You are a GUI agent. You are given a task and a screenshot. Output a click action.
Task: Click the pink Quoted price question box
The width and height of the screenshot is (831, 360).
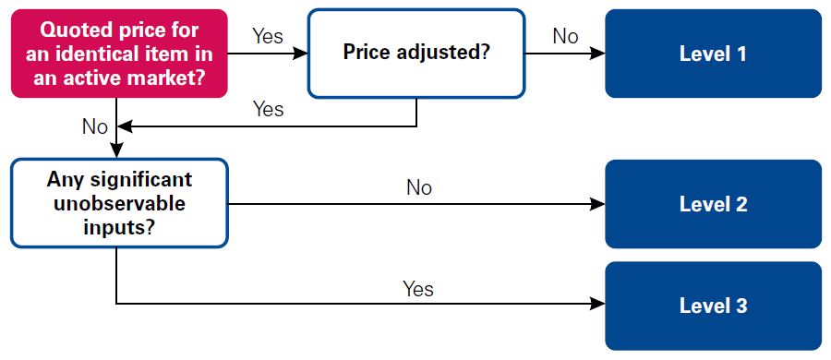[119, 54]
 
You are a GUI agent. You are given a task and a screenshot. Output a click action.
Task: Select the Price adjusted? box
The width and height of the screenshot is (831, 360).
[415, 54]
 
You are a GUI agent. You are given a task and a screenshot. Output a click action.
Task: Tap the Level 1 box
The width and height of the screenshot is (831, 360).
[713, 54]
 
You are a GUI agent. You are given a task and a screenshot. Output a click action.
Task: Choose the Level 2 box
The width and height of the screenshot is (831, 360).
[713, 204]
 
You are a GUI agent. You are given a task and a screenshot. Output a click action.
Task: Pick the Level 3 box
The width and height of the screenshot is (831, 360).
[713, 306]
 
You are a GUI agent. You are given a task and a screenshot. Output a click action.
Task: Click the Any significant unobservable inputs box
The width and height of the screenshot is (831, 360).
[119, 204]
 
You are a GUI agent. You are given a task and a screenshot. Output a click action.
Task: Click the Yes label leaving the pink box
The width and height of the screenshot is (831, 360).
[268, 37]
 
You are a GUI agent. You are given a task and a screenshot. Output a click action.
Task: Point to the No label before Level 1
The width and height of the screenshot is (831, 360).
[565, 37]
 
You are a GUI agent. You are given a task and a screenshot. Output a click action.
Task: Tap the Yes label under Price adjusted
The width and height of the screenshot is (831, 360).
[268, 109]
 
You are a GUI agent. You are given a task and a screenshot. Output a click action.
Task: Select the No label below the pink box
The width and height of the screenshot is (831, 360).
[95, 126]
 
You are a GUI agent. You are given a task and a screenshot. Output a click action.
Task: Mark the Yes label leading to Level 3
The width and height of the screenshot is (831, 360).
[418, 289]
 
